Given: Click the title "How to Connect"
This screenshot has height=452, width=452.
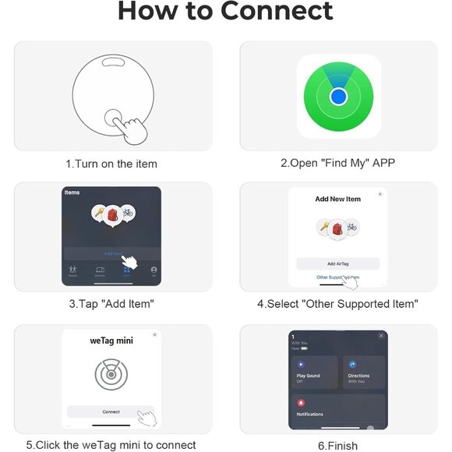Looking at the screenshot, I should pyautogui.click(x=225, y=12).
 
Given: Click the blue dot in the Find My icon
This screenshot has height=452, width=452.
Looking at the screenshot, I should pyautogui.click(x=338, y=97).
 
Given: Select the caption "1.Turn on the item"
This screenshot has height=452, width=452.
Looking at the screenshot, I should pyautogui.click(x=111, y=164).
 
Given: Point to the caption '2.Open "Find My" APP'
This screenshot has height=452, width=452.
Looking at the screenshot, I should pyautogui.click(x=337, y=164).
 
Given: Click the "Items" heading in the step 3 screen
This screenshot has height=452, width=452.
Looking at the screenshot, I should pyautogui.click(x=72, y=192).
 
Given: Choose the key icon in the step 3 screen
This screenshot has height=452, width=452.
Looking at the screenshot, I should pyautogui.click(x=99, y=211).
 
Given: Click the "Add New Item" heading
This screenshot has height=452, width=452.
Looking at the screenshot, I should pyautogui.click(x=337, y=200).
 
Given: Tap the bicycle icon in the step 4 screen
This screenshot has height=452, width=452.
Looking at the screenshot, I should pyautogui.click(x=351, y=228).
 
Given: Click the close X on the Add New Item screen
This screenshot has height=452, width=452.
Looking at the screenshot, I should pyautogui.click(x=380, y=194).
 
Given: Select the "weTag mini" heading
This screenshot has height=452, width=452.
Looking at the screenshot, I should pyautogui.click(x=111, y=341).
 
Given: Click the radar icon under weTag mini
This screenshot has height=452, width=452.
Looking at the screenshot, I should pyautogui.click(x=111, y=375).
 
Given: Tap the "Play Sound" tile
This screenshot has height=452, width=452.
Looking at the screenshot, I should pyautogui.click(x=313, y=373).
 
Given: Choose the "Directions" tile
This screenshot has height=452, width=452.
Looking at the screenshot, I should pyautogui.click(x=364, y=373).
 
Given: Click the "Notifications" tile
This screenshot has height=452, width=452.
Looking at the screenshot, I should pyautogui.click(x=337, y=409).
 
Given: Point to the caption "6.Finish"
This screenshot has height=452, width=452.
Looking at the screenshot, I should pyautogui.click(x=337, y=446).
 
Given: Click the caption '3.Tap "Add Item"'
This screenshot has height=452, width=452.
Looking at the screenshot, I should pyautogui.click(x=111, y=304).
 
